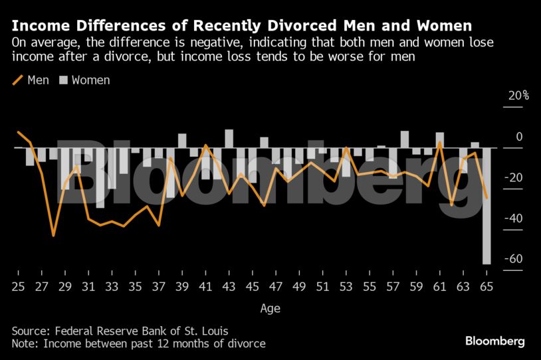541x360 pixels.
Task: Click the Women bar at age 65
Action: pyautogui.click(x=487, y=206)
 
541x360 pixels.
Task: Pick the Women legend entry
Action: pyautogui.click(x=84, y=80)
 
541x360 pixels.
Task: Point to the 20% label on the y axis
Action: pyautogui.click(x=518, y=96)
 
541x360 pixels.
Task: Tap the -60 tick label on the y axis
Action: pyautogui.click(x=514, y=260)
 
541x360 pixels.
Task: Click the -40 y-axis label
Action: pyautogui.click(x=514, y=219)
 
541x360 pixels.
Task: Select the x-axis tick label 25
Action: pyautogui.click(x=18, y=287)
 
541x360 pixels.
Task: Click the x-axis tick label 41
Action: pyautogui.click(x=205, y=287)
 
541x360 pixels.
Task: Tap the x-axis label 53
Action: pyautogui.click(x=346, y=287)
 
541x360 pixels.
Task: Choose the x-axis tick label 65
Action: pyautogui.click(x=487, y=287)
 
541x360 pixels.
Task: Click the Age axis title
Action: pyautogui.click(x=270, y=308)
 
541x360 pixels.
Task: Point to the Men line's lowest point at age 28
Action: pyautogui.click(x=53, y=235)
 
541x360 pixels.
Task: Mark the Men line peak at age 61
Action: pyautogui.click(x=440, y=141)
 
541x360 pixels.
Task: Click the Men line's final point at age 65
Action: pyautogui.click(x=487, y=198)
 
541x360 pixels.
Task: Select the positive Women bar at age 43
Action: pyautogui.click(x=229, y=138)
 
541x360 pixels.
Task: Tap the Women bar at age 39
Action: pyautogui.click(x=182, y=141)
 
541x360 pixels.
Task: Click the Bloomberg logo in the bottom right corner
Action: pyautogui.click(x=494, y=341)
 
